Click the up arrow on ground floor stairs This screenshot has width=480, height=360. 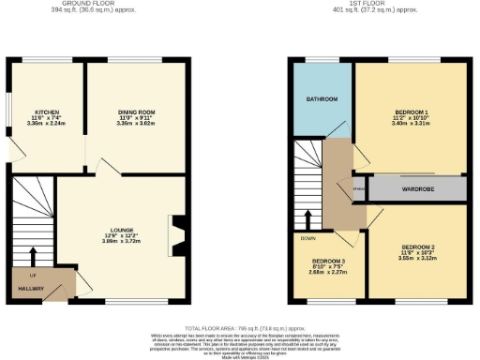[34, 255]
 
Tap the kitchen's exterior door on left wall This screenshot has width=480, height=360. [12, 148]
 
